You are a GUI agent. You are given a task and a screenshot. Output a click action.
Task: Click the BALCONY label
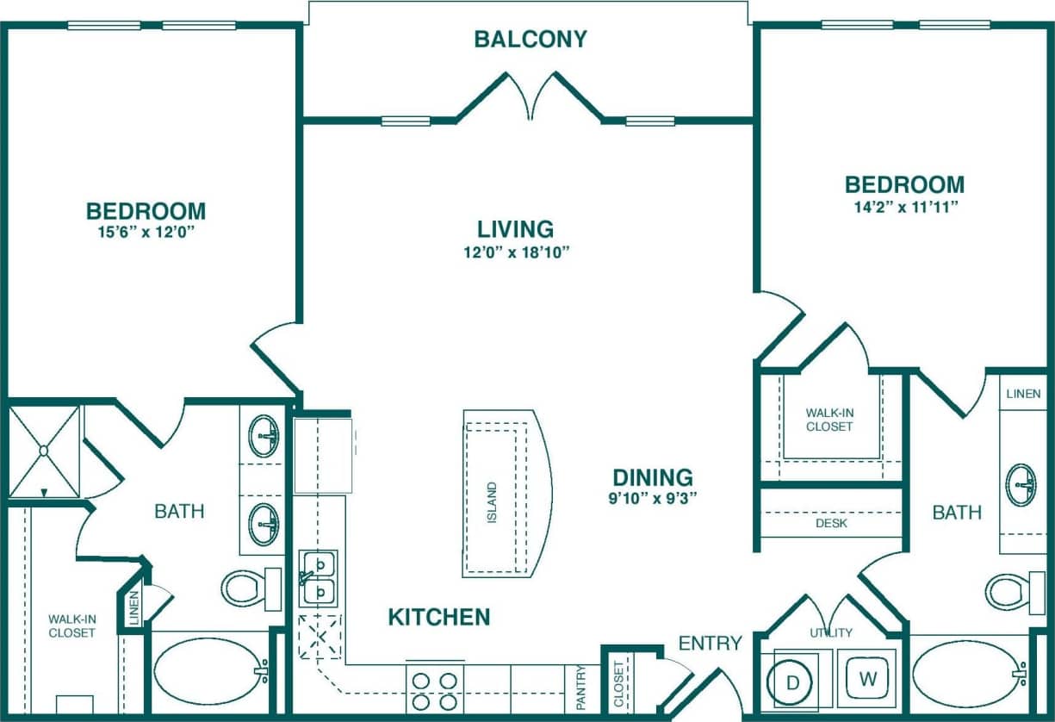click(531, 39)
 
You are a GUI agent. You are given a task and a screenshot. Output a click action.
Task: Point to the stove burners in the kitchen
click(435, 690)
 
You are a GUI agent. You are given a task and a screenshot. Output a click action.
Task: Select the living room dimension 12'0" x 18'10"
click(515, 252)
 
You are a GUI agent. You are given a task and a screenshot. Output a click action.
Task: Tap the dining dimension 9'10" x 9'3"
click(653, 497)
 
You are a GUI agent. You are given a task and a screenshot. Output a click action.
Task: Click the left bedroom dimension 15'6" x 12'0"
click(146, 233)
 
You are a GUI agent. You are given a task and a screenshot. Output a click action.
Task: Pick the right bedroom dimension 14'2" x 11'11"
click(904, 206)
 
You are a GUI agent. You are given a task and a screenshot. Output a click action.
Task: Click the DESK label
click(831, 523)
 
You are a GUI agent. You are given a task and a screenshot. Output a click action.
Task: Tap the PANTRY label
click(581, 687)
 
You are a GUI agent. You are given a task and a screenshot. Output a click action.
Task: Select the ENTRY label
click(710, 643)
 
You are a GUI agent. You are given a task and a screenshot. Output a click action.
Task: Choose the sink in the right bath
click(1021, 484)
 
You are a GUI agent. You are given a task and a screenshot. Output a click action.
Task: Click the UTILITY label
click(830, 632)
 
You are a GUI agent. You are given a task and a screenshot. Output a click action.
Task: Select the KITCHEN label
click(438, 617)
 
